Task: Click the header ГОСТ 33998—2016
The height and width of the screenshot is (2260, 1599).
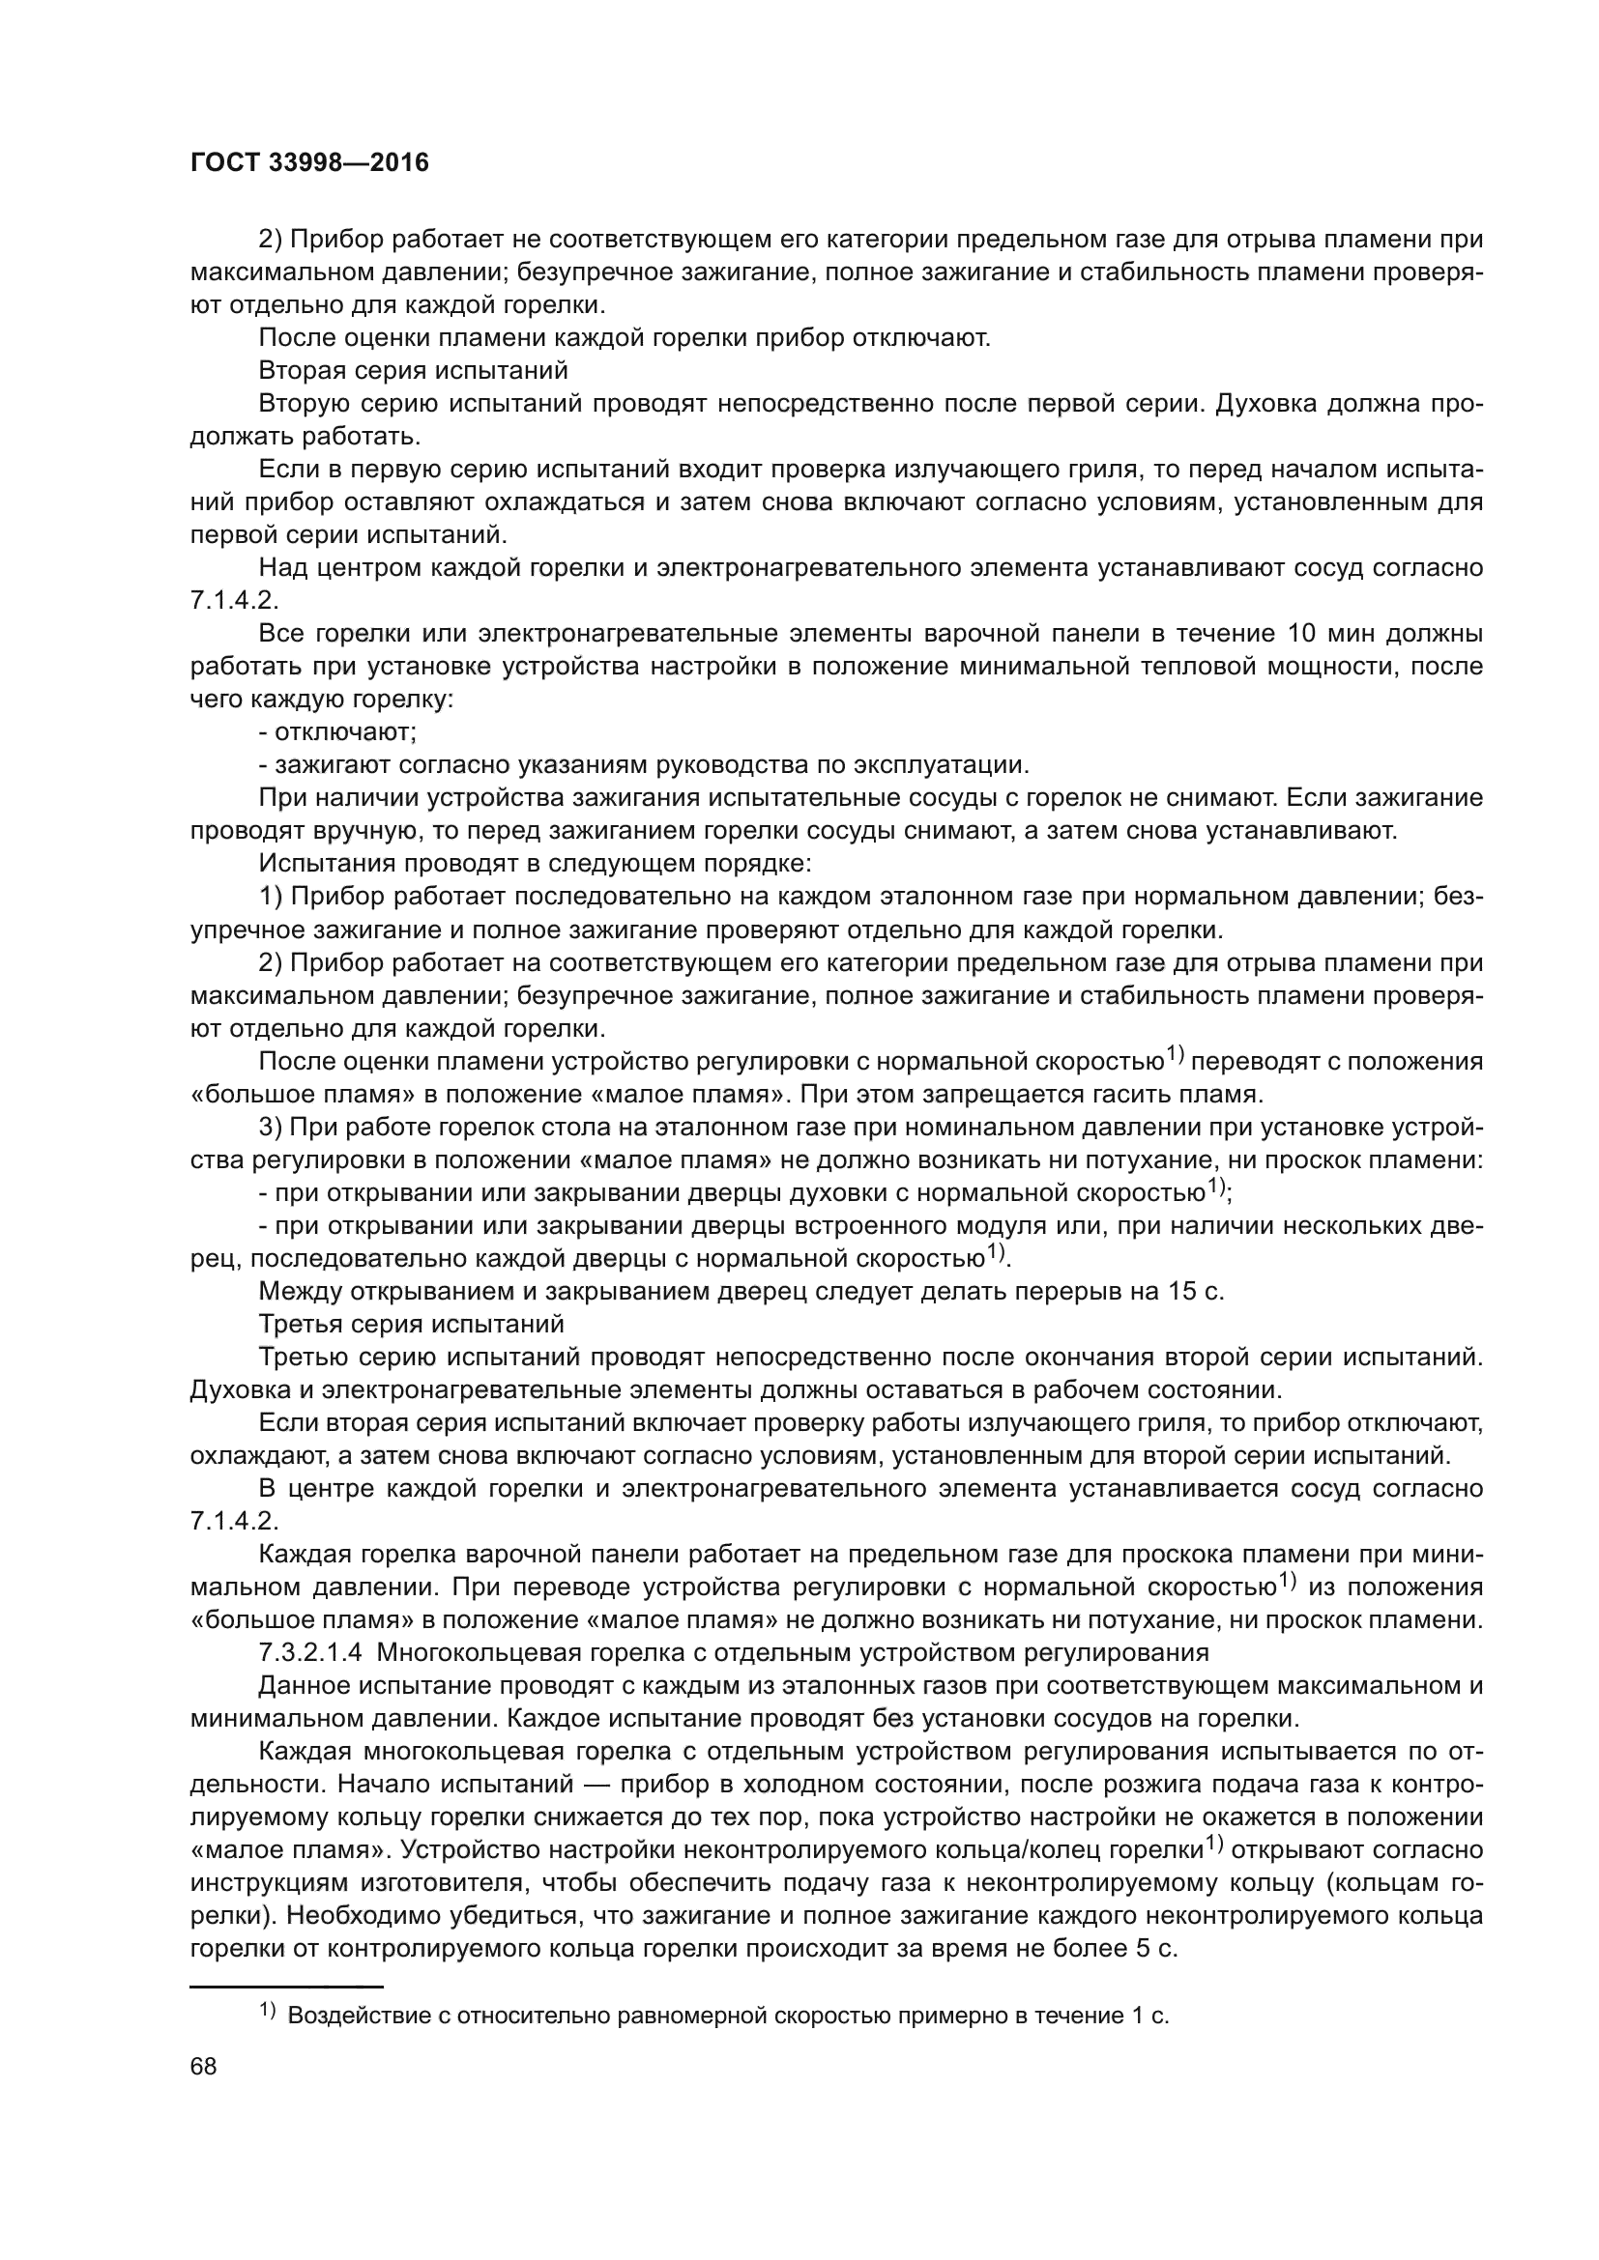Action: coord(309,162)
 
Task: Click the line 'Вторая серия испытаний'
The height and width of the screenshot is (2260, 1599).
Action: coord(414,371)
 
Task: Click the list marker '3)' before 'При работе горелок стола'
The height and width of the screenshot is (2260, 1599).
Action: coord(270,1126)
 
